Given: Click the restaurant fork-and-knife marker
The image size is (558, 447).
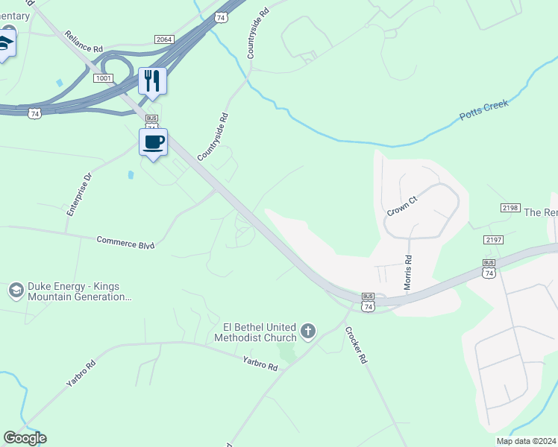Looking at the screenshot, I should tap(152, 80).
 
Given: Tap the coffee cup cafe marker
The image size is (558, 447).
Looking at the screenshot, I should tap(153, 142).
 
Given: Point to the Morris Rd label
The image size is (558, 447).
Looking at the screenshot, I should tap(408, 273).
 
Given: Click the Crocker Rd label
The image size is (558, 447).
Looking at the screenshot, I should tap(357, 346).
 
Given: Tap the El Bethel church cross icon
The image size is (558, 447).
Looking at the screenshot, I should tap(308, 330).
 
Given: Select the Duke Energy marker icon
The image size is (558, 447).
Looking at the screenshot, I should tap(16, 291).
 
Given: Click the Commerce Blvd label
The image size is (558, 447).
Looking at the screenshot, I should tap(125, 241).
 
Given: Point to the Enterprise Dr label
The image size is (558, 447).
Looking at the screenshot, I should tap(79, 194).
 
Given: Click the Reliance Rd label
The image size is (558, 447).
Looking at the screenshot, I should tap(83, 42).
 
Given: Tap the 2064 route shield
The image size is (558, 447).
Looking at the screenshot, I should tap(164, 39).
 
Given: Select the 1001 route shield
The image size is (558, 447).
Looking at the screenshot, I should tap(104, 77).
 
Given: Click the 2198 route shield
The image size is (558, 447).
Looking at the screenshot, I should tap(510, 208).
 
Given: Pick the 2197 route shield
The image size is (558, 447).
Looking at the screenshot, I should tap(493, 239).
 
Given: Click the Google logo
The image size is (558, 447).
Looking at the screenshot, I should tap(25, 438).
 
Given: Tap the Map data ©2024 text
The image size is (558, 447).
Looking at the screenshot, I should tap(527, 441).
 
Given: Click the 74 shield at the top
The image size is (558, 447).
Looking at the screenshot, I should tap(219, 16).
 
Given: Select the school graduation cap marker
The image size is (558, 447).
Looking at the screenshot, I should tap(4, 45).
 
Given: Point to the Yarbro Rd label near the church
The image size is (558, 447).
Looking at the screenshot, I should tap(260, 364).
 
